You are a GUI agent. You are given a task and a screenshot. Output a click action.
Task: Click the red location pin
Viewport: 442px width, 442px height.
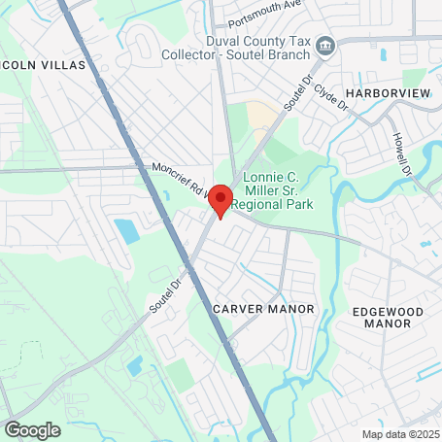(221, 201)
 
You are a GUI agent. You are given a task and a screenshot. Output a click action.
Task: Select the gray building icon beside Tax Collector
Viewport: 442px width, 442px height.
(326, 44)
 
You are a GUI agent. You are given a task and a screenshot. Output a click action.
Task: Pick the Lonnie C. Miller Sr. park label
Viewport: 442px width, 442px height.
(285, 190)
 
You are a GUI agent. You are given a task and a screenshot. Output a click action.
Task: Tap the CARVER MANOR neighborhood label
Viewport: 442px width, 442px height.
(263, 308)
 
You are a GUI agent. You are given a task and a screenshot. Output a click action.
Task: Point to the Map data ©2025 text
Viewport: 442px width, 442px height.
(400, 434)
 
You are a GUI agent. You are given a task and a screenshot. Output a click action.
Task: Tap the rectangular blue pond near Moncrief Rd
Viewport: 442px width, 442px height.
(126, 231)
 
